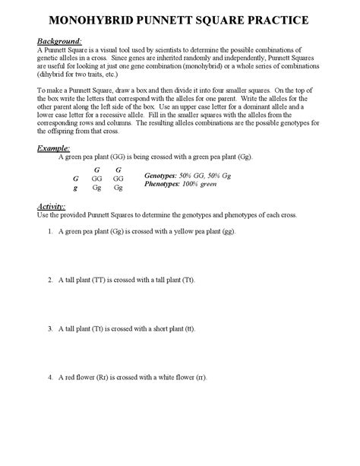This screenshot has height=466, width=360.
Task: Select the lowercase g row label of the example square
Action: coord(75,186)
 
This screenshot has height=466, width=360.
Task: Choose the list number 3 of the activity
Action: coord(49,328)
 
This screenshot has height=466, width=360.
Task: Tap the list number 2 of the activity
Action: coord(49,280)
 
